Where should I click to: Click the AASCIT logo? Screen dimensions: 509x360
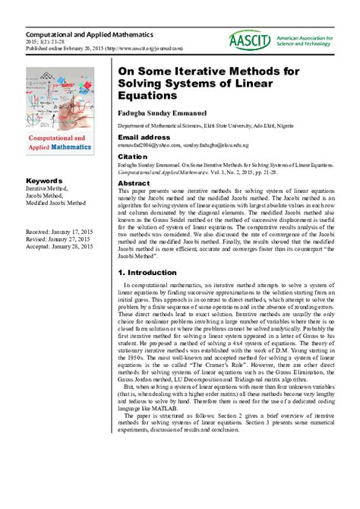pos(250,42)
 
